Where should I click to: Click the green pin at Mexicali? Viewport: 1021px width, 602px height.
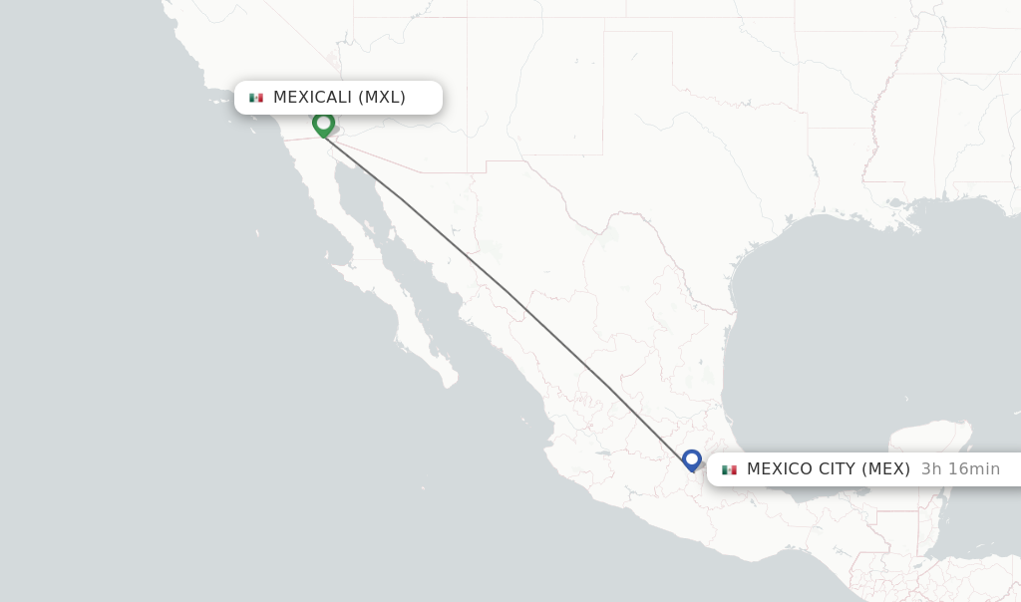[323, 124]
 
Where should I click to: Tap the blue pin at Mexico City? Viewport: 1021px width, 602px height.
[692, 459]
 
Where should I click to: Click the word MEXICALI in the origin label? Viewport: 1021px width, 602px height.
[313, 98]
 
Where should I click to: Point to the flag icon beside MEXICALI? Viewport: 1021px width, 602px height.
[256, 98]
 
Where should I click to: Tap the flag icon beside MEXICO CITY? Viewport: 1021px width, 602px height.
[729, 469]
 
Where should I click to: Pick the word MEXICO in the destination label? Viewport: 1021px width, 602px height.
[777, 469]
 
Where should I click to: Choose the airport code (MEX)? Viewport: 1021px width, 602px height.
[886, 469]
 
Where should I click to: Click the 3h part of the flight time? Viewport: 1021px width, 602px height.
[931, 469]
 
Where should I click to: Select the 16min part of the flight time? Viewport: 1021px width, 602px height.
[973, 469]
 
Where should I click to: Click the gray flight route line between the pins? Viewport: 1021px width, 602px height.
[509, 292]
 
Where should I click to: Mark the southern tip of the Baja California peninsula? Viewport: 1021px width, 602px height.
[450, 382]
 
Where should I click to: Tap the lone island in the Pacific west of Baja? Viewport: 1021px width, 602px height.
[256, 233]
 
